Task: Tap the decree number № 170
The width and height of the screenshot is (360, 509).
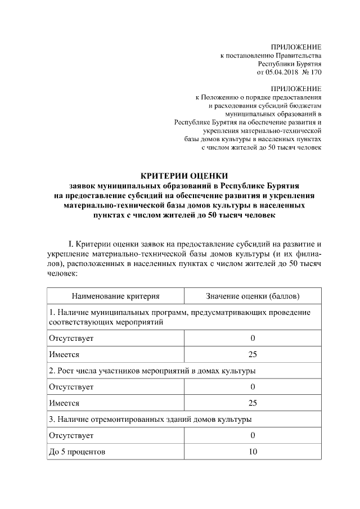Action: point(312,73)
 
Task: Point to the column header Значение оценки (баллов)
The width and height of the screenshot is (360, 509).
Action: point(253,296)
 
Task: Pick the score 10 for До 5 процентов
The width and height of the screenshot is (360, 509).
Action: point(253,452)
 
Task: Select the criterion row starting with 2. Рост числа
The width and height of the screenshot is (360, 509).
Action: point(152,371)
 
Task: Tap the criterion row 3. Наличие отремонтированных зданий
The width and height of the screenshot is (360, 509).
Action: point(150,419)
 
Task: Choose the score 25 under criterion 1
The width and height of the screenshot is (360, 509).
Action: point(253,354)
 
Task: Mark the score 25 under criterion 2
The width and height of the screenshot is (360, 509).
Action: point(253,403)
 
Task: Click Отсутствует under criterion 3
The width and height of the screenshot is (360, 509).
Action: point(71,435)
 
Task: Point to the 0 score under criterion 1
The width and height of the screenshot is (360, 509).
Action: point(253,338)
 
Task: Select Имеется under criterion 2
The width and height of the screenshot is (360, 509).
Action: point(64,403)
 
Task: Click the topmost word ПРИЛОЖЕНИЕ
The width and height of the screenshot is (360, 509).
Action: point(296,46)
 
